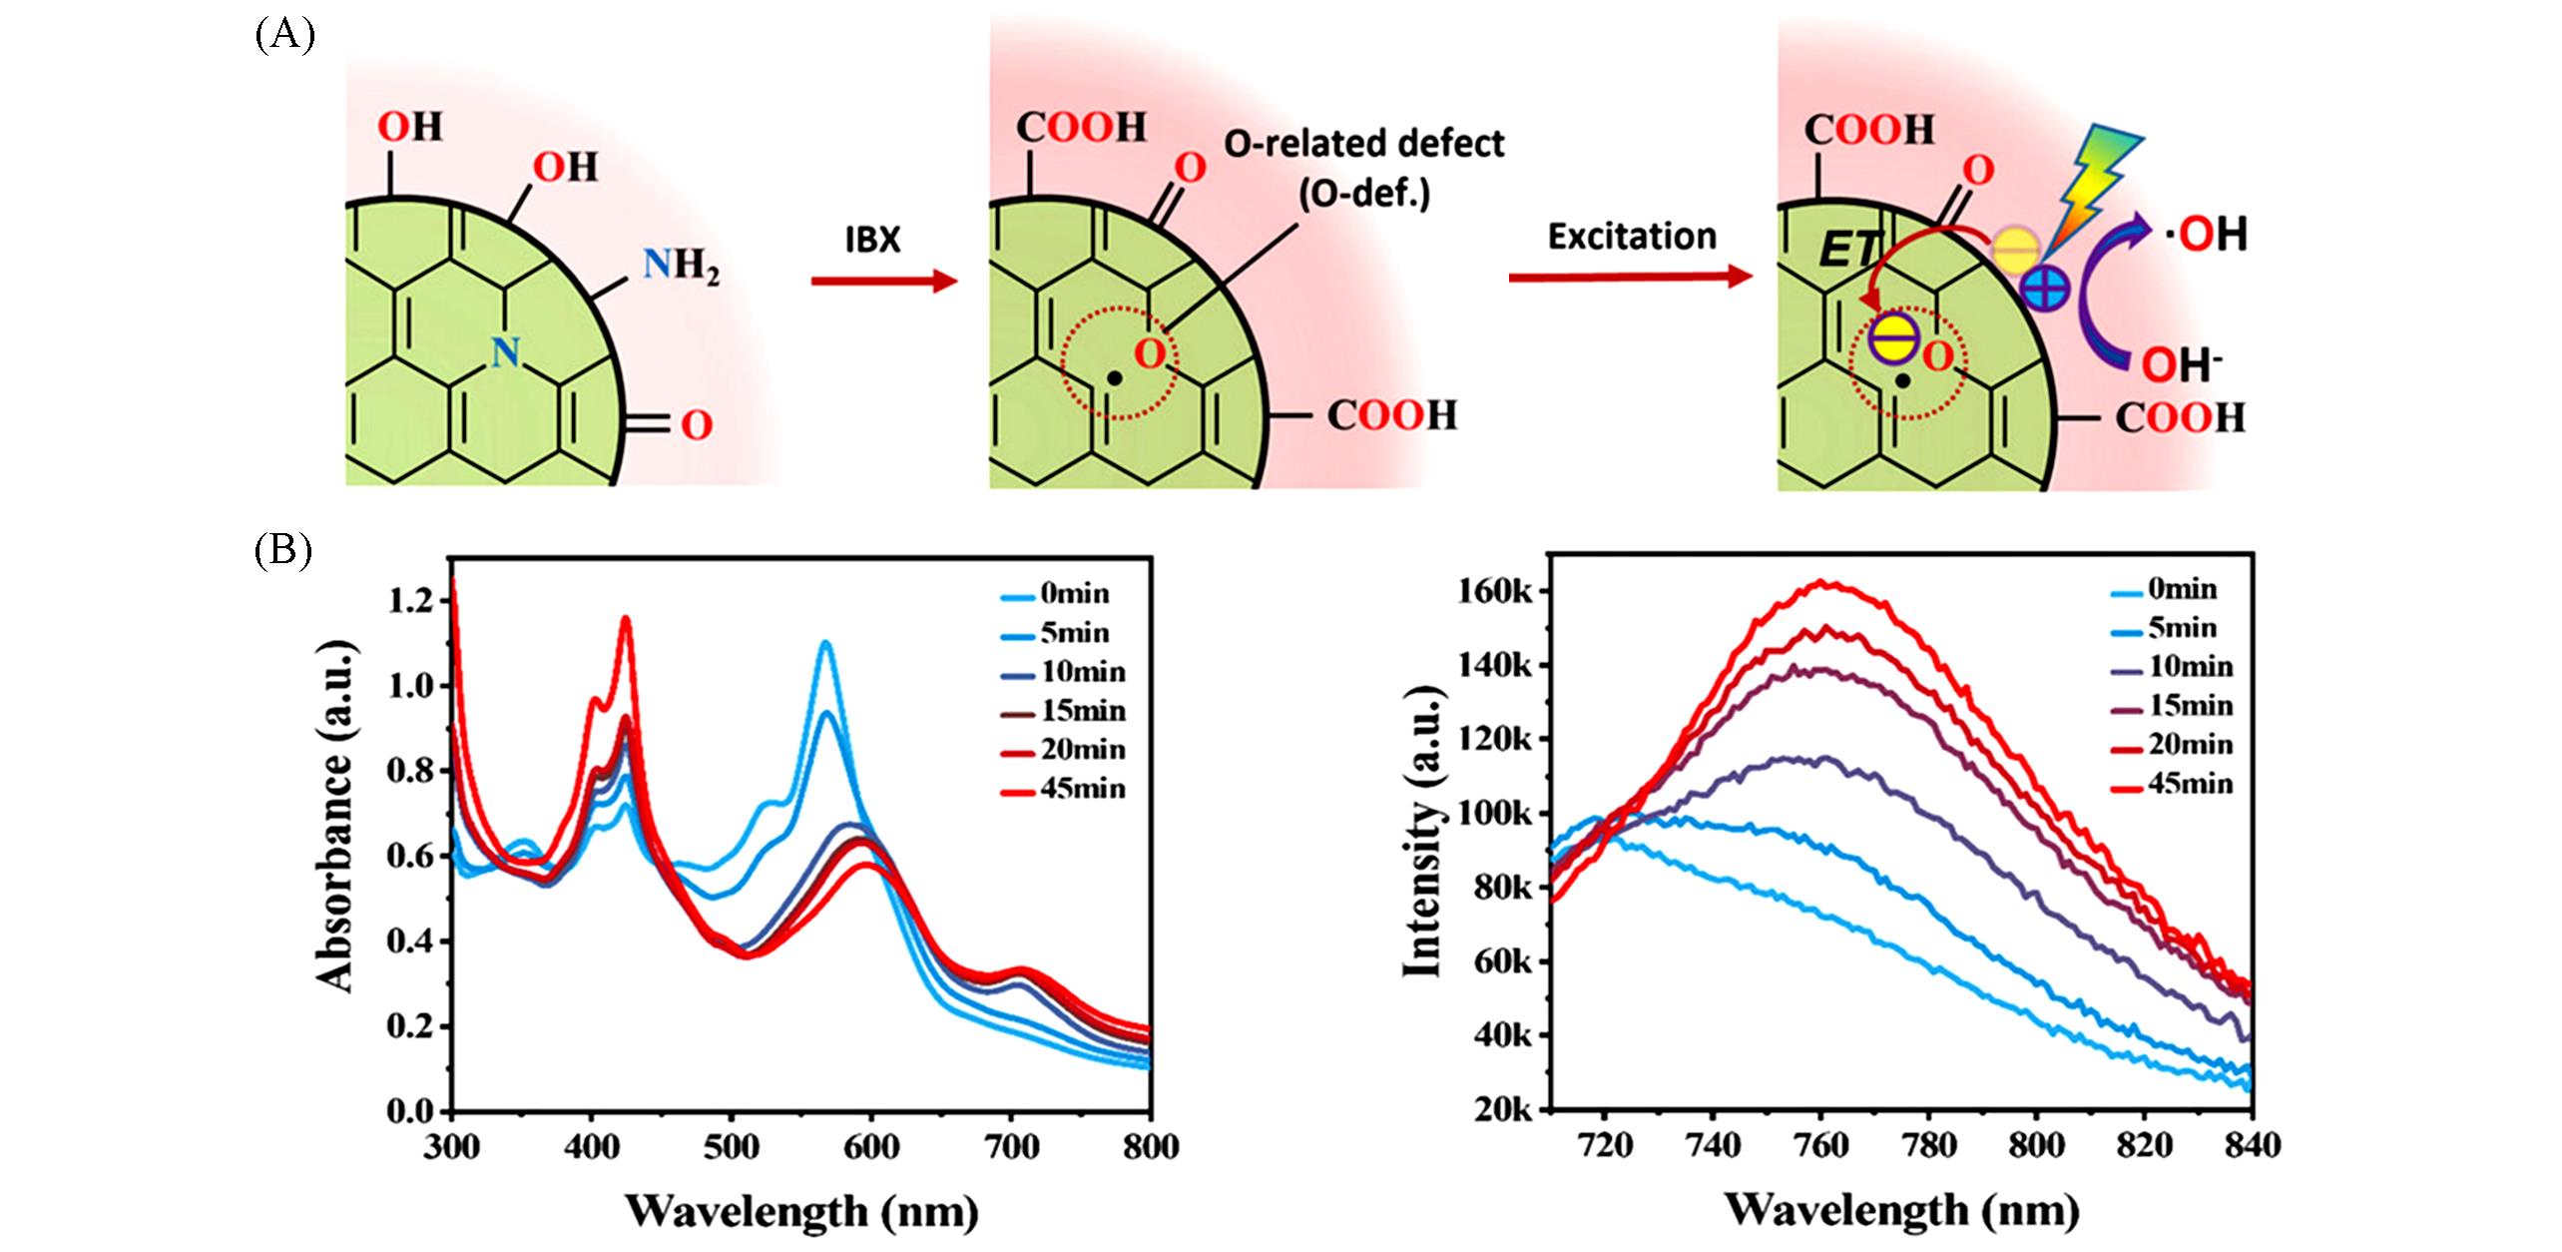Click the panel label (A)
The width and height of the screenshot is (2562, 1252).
(284, 36)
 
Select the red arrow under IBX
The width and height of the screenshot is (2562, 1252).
(883, 283)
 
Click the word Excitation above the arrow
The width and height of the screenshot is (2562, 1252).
(1632, 237)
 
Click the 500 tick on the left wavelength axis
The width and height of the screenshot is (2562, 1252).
(731, 1147)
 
